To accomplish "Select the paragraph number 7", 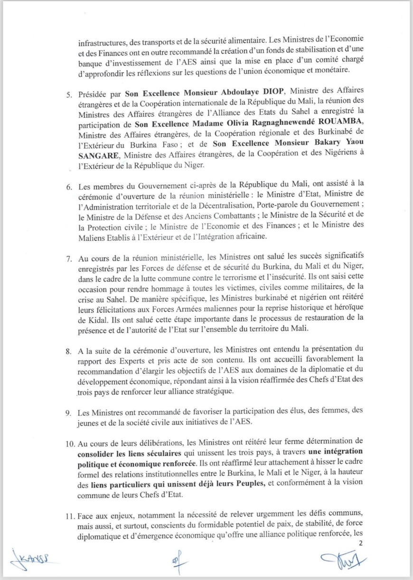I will (x=69, y=259).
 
